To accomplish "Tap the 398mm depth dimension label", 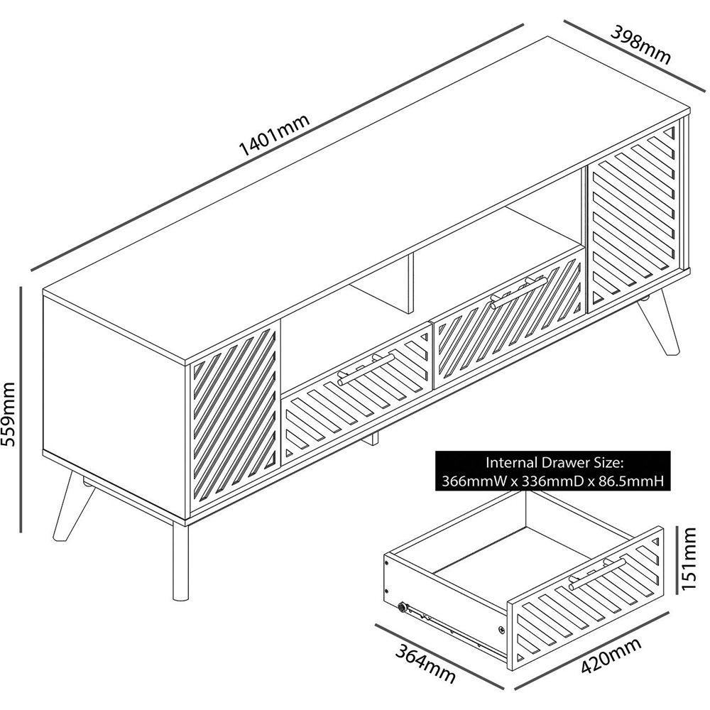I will (x=640, y=45).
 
